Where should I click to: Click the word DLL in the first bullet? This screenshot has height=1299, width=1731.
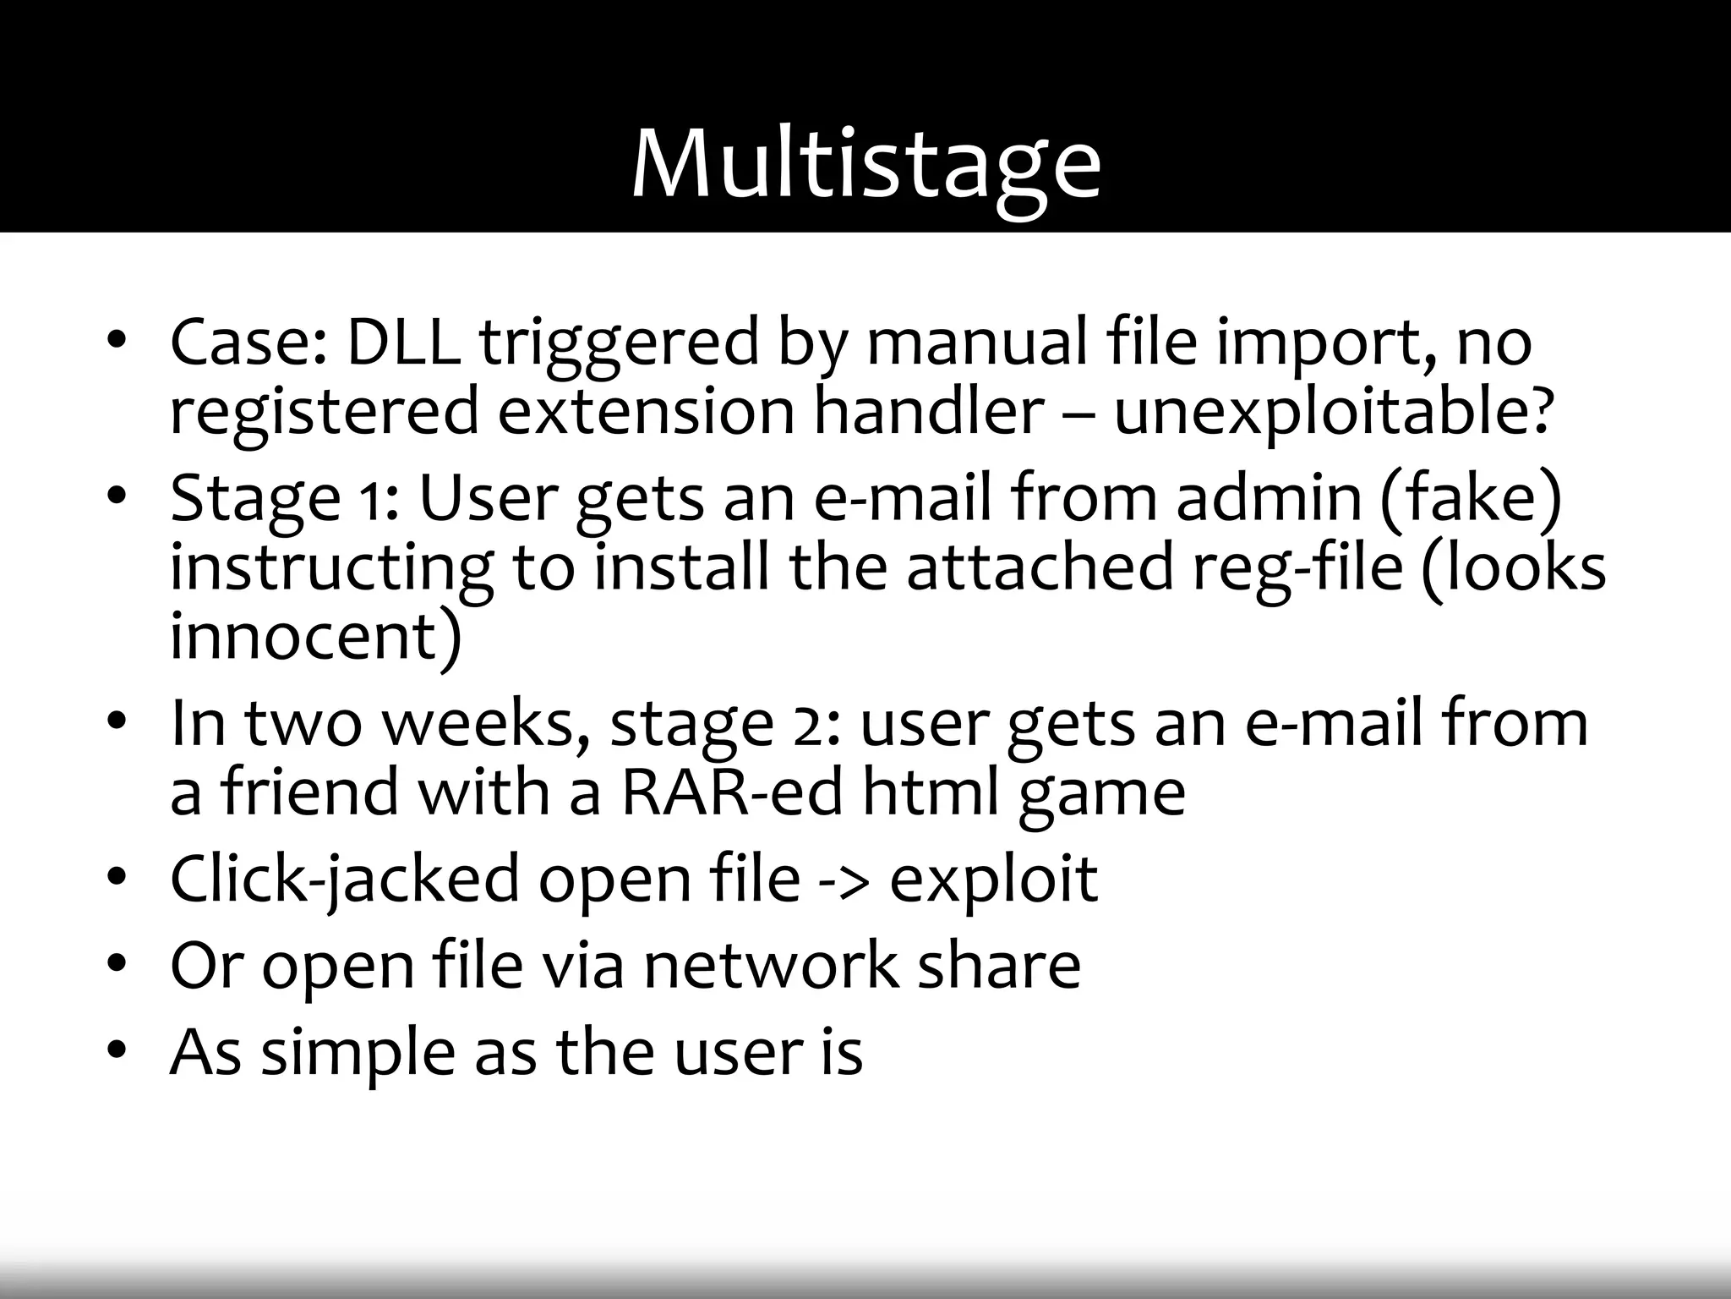tap(403, 343)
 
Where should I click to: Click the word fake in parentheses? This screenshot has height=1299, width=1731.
tap(1472, 497)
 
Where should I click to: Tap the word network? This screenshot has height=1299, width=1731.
tap(771, 966)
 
